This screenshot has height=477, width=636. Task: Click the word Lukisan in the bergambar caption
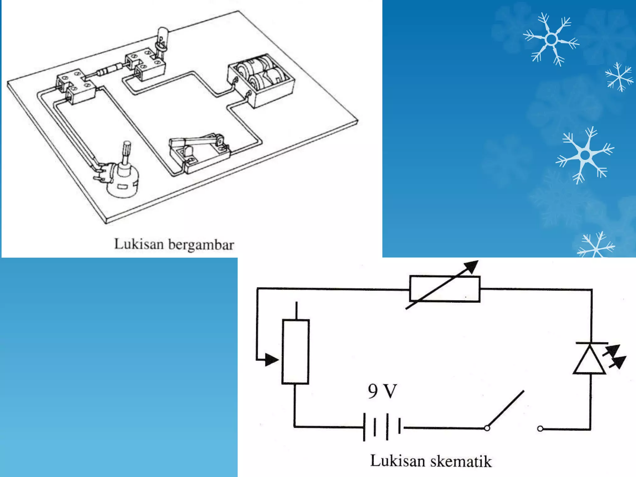tap(139, 244)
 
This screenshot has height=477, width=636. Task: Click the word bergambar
tap(201, 245)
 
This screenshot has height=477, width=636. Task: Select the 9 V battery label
tap(382, 391)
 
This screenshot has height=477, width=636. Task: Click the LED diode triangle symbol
tap(589, 360)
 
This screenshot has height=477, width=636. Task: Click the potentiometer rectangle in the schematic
tap(295, 352)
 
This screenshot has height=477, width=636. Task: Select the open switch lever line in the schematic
tap(506, 409)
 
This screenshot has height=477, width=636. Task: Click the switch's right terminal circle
tap(540, 429)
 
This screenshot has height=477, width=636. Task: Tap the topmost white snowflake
tap(551, 39)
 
